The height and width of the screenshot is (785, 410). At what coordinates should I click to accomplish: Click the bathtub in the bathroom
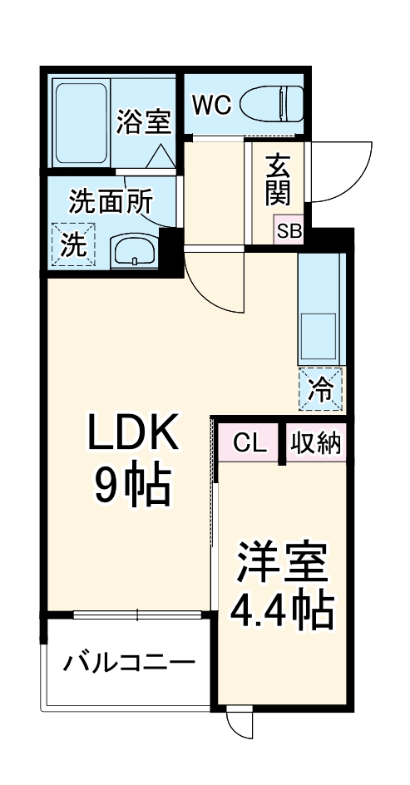(x=81, y=121)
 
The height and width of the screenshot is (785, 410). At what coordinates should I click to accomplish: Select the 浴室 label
(x=144, y=122)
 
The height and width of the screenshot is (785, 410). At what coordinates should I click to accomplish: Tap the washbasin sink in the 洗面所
(x=134, y=249)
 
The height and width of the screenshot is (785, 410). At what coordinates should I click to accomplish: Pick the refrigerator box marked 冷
(x=321, y=388)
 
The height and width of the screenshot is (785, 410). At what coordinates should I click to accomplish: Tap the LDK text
(x=133, y=433)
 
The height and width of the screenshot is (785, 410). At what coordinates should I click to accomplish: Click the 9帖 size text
(x=131, y=486)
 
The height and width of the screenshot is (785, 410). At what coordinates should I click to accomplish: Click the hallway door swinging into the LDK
(x=212, y=279)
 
